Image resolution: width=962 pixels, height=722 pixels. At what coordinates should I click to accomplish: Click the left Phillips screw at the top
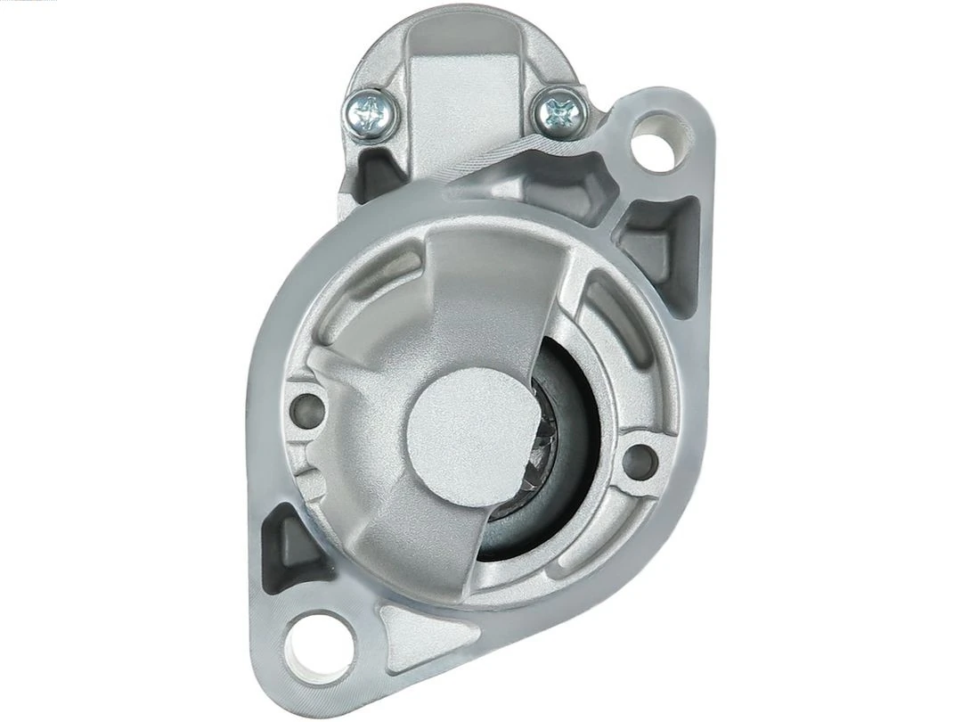371,112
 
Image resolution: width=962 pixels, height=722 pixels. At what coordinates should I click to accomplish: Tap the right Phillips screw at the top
560,112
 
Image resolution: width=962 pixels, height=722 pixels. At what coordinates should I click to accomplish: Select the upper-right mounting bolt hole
659,141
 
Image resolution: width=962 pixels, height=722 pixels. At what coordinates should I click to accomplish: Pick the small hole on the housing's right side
639,460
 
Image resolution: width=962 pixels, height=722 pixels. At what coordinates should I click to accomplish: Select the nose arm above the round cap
485,294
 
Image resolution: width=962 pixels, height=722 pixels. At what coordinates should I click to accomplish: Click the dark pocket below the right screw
570,183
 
